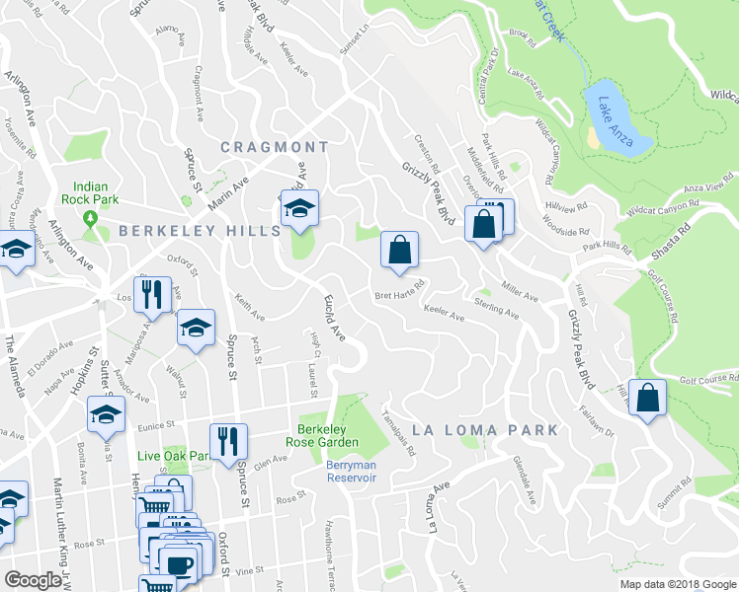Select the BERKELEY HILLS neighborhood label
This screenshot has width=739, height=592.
[201, 230]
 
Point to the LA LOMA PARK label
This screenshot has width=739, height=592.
[485, 430]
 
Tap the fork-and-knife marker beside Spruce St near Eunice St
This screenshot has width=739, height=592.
[228, 441]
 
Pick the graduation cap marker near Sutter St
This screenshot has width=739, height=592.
[105, 416]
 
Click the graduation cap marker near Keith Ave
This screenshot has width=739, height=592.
[197, 327]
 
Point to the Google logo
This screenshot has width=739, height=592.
[34, 580]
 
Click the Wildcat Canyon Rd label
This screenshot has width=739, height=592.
[661, 209]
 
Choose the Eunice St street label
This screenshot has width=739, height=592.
[155, 425]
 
